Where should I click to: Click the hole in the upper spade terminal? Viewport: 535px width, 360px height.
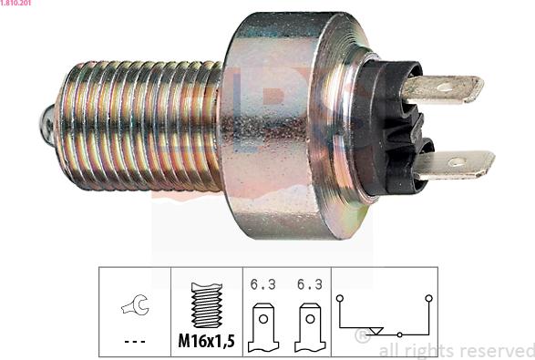pos(443,88)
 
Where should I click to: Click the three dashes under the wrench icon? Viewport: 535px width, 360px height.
pos(134,342)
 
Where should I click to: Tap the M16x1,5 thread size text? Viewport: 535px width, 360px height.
pos(207,342)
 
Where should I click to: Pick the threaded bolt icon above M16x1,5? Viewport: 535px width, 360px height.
pos(207,303)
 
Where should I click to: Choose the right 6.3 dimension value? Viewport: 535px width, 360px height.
pos(309,284)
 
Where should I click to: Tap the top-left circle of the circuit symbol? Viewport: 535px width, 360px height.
pos(339,298)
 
